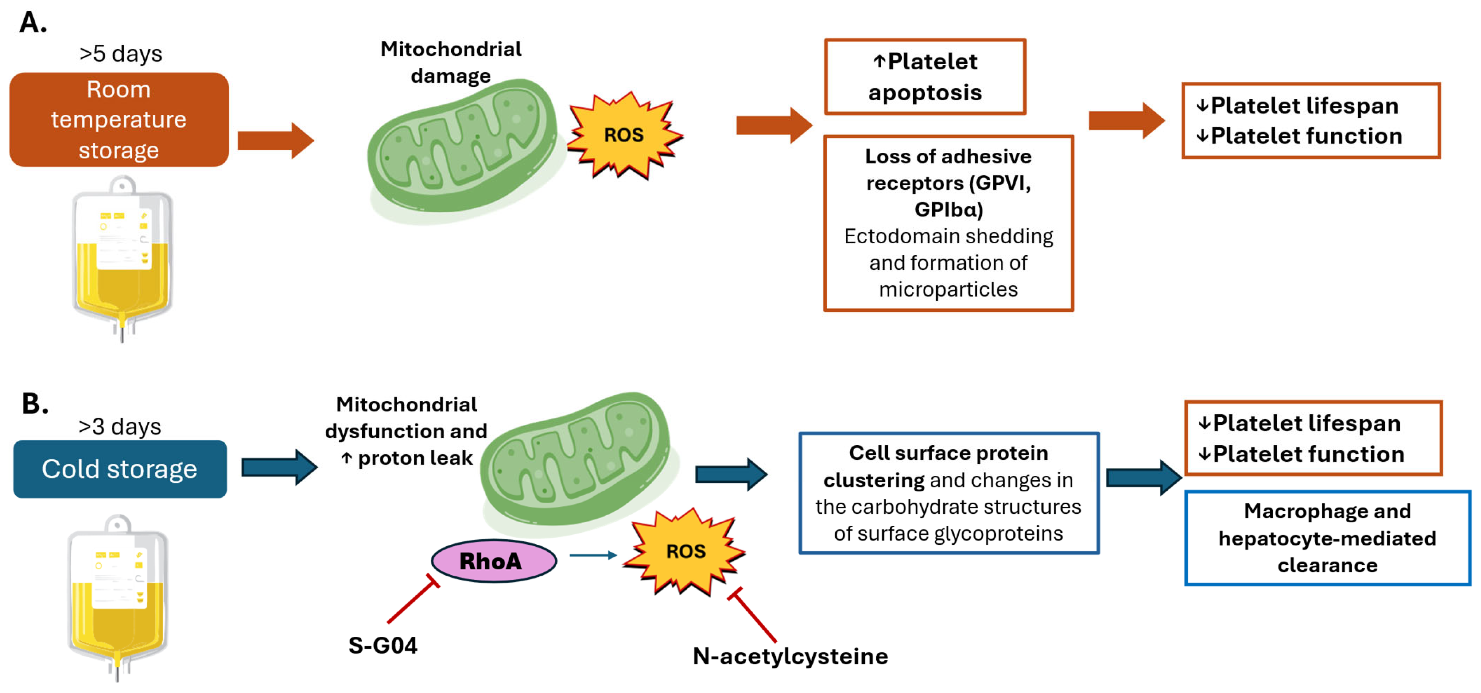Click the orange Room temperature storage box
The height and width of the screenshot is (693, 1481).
(x=119, y=120)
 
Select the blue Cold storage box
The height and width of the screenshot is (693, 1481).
(x=120, y=469)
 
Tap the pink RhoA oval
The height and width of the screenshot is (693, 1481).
(x=493, y=561)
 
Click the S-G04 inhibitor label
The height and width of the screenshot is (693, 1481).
(x=383, y=645)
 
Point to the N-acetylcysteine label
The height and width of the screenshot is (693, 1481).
(x=790, y=656)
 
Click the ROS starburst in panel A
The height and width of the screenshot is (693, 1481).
(x=624, y=135)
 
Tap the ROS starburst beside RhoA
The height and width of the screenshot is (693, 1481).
(x=685, y=551)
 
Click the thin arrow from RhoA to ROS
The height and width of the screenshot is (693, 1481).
(x=592, y=555)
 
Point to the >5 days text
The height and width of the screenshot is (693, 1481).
(x=121, y=54)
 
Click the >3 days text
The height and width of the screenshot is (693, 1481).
(x=120, y=426)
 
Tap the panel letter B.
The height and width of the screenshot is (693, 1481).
(x=35, y=404)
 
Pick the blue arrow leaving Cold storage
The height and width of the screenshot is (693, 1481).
(x=279, y=467)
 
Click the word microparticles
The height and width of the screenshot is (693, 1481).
(x=948, y=289)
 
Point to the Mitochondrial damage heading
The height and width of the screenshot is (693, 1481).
(x=451, y=62)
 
